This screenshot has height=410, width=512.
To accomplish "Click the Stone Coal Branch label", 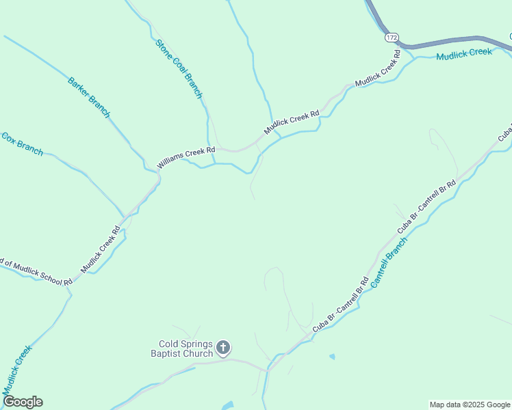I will pyautogui.click(x=179, y=69).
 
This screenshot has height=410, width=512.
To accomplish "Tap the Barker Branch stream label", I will pyautogui.click(x=88, y=97).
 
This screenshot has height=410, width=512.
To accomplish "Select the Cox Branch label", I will pyautogui.click(x=22, y=144).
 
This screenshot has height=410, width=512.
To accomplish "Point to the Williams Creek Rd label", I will pyautogui.click(x=186, y=157).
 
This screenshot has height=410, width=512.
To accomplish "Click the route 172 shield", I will pyautogui.click(x=391, y=37).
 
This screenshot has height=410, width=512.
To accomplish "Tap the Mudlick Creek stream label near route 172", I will pyautogui.click(x=464, y=53).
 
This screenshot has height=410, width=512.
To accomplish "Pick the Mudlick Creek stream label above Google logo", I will pyautogui.click(x=17, y=370).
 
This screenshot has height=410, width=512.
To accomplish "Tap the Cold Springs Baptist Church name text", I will pyautogui.click(x=185, y=348).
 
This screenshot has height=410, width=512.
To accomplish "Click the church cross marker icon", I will pyautogui.click(x=222, y=348).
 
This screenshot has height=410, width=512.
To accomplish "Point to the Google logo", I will pyautogui.click(x=23, y=402).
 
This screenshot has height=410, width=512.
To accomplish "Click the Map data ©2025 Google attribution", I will pyautogui.click(x=469, y=405).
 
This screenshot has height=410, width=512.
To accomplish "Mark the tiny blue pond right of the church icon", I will pyautogui.click(x=332, y=357).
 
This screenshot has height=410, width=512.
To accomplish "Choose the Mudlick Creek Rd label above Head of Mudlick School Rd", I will pyautogui.click(x=101, y=249).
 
